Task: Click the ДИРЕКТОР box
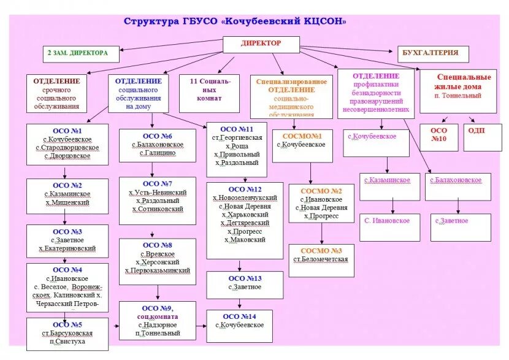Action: (261, 44)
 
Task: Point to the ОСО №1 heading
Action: (67, 131)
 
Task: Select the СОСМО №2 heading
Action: (320, 191)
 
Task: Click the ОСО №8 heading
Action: (157, 245)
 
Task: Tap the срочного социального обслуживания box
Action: (56, 94)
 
